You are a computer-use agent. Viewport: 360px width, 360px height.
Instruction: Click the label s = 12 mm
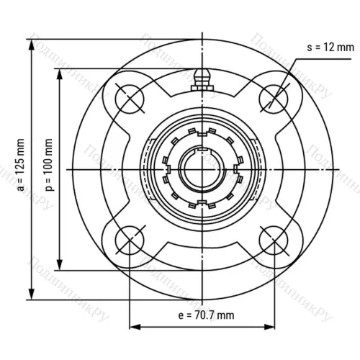330,48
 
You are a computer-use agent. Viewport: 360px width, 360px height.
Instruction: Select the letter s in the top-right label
309,48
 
